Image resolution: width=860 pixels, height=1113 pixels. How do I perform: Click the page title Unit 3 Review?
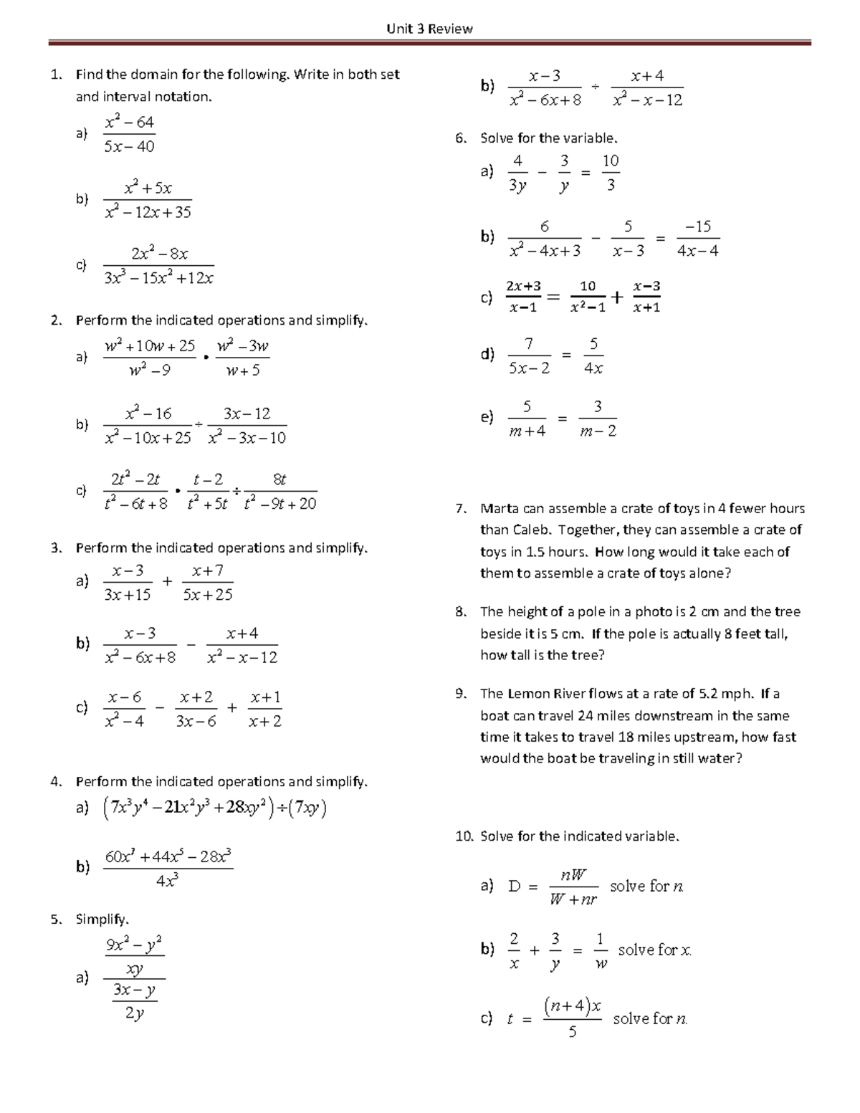[429, 29]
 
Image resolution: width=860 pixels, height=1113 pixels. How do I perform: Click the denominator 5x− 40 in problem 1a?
[129, 147]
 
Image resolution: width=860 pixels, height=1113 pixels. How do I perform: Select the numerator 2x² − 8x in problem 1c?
[159, 254]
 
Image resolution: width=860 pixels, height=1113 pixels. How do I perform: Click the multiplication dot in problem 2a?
[206, 357]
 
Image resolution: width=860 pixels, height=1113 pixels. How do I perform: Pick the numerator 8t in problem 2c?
[279, 479]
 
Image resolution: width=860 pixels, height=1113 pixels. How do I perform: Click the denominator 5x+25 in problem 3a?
[207, 595]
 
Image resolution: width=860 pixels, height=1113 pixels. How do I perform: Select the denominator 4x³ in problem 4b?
[167, 882]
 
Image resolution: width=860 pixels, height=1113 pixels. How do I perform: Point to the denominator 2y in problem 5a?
[134, 1013]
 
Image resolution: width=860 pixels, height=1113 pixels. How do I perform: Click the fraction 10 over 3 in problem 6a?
[610, 173]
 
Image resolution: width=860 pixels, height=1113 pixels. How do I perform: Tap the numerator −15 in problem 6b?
[697, 227]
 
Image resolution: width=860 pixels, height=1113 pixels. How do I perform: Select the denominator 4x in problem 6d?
[593, 368]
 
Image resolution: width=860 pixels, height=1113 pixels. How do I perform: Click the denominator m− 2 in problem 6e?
[598, 431]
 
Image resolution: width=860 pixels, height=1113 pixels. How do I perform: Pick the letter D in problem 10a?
[514, 887]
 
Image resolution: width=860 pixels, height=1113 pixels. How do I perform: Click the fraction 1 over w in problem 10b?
[600, 951]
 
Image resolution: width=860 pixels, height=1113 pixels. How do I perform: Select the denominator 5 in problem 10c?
[572, 1033]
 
